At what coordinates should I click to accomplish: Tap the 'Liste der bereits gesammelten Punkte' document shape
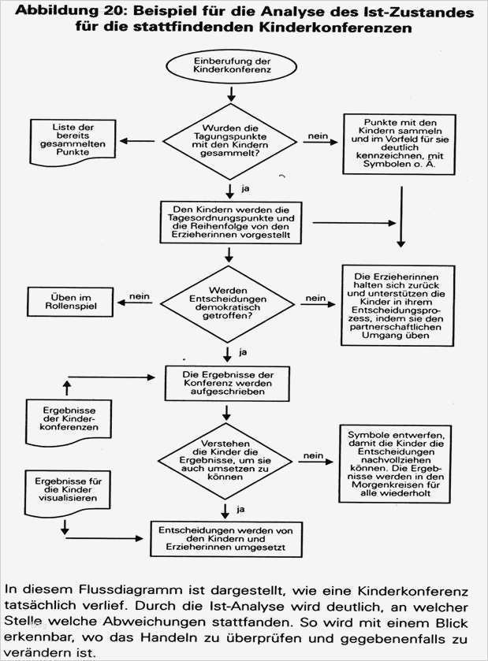73,141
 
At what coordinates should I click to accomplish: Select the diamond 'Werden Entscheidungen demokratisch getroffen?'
229,300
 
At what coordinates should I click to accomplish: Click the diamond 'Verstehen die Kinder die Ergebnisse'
229,456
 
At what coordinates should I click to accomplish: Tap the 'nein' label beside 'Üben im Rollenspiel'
140,296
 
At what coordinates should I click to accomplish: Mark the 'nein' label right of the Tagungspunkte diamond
317,137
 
